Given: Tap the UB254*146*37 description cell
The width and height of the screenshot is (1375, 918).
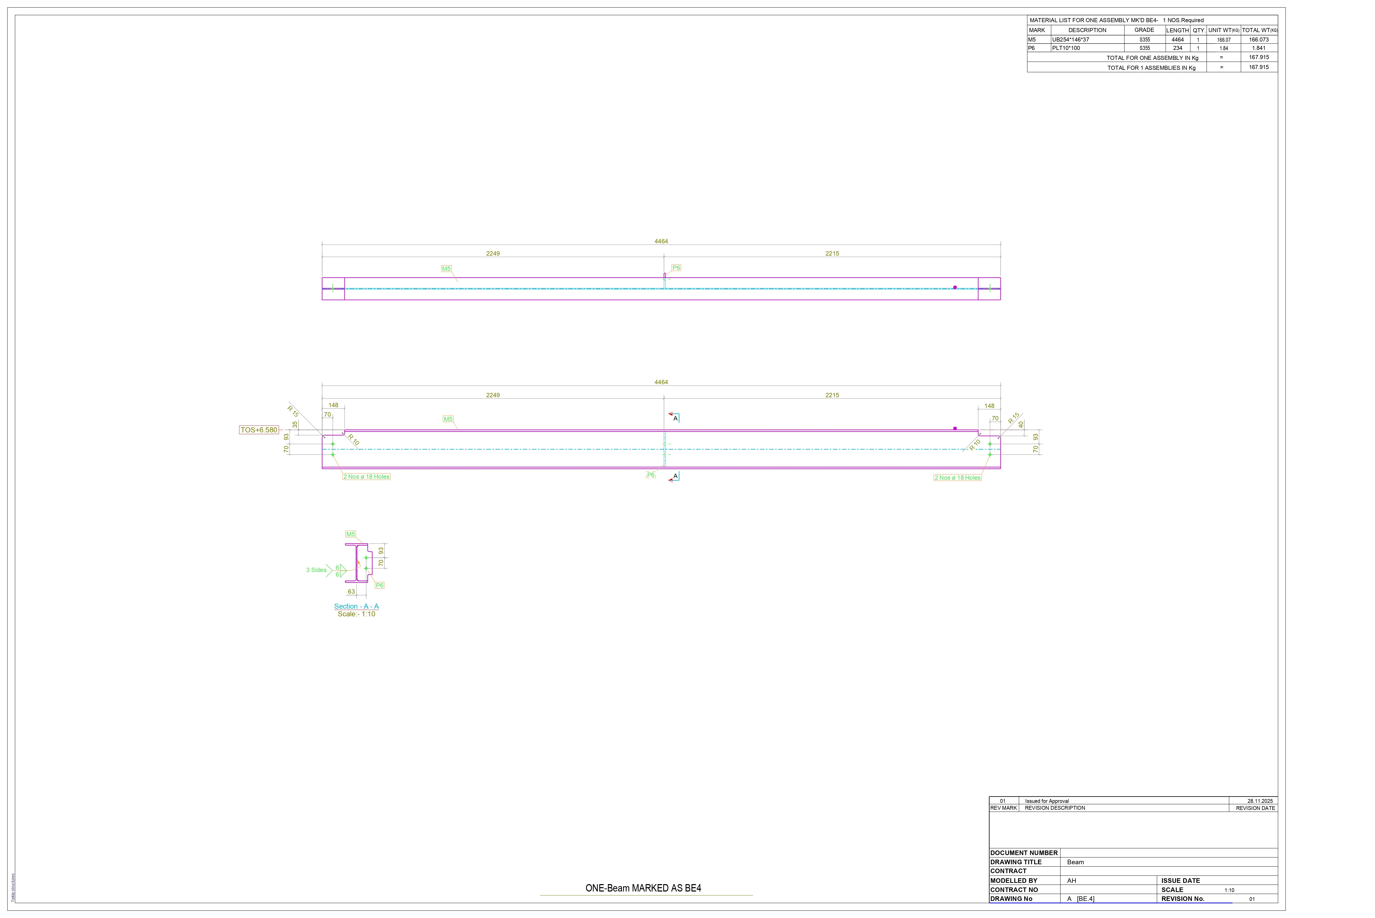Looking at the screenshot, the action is coord(1071,40).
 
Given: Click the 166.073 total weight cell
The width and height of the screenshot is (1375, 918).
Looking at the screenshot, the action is coord(1259,40).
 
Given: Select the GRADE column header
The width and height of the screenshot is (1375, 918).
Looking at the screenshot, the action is coord(1144,30).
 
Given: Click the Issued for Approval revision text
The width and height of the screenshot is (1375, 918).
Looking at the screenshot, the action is coord(1047,801).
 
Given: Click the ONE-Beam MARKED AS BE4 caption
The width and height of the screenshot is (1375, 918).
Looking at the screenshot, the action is coord(643,888).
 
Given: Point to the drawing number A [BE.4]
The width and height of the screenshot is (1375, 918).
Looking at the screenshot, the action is coord(1081,899).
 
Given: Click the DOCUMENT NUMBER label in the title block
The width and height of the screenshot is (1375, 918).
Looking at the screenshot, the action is coord(1024,853).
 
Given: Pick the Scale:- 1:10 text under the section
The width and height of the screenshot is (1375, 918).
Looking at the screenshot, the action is coord(356,614).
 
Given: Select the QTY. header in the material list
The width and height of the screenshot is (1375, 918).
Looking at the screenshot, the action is coord(1199,30).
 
